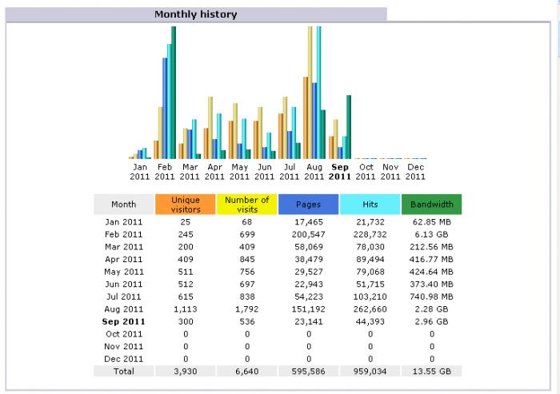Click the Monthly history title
coord(196,14)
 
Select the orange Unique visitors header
coord(186,205)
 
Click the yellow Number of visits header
coord(247,205)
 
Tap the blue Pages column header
coord(309,205)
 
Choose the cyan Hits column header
coord(370,205)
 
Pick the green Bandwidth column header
coord(432,205)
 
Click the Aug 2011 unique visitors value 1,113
coord(186,308)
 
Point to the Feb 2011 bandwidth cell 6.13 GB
coord(432,234)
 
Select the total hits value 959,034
coord(370,372)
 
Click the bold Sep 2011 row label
coord(124,321)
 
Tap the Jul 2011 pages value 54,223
coord(309,296)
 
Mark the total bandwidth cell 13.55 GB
coord(432,372)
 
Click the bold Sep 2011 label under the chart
coord(340,171)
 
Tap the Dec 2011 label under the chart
coord(415,171)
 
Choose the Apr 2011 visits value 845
coord(247,259)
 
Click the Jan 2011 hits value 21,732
coord(370,221)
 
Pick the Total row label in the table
coord(124,372)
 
